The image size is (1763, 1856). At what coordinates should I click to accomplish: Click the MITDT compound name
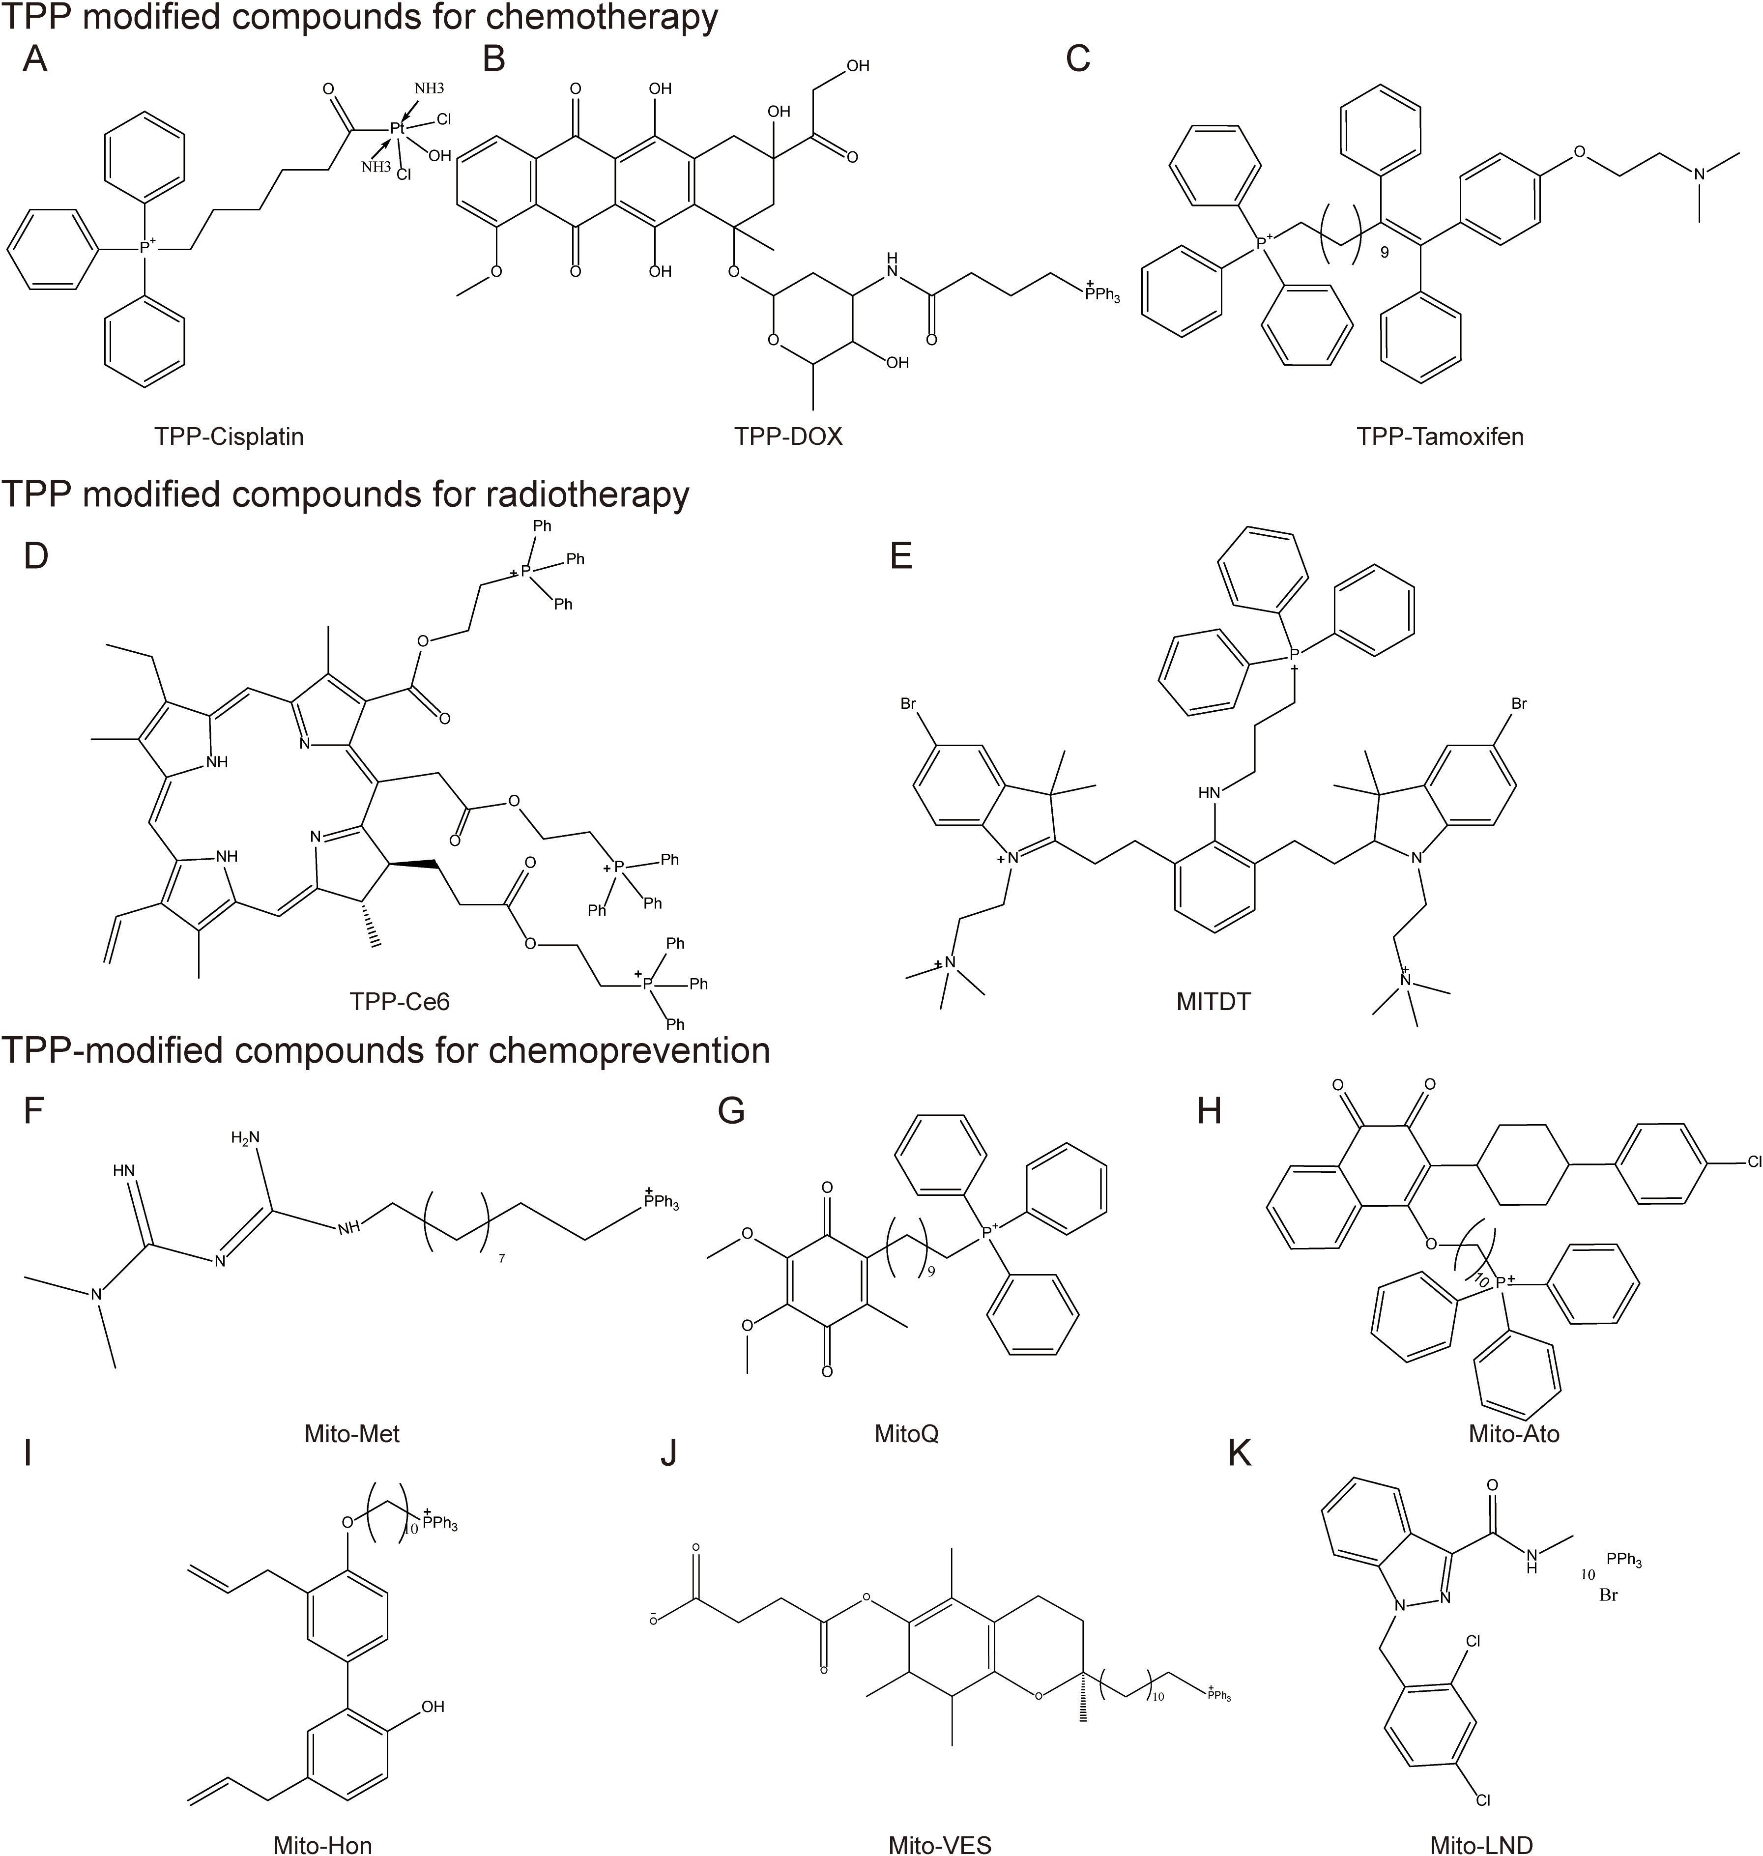click(x=1213, y=1002)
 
